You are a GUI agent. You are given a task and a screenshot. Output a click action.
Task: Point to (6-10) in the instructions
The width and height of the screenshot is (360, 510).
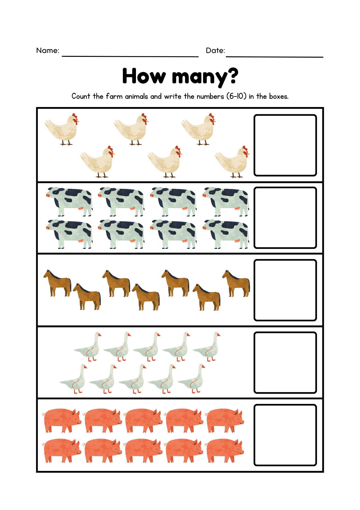tap(236, 96)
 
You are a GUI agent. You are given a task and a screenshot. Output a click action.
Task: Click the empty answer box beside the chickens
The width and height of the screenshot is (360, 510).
tap(285, 145)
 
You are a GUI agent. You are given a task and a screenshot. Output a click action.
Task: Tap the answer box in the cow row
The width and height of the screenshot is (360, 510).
tap(285, 218)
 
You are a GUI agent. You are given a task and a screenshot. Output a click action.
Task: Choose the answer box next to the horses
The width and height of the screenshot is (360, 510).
tap(285, 290)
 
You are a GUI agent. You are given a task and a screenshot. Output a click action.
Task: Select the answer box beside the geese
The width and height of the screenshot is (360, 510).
tap(285, 362)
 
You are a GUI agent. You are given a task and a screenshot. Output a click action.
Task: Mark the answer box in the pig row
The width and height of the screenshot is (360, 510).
tap(285, 435)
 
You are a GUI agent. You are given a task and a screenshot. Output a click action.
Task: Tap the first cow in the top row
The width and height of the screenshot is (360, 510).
tap(70, 201)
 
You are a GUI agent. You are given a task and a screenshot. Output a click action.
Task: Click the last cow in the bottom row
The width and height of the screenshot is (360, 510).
tap(226, 234)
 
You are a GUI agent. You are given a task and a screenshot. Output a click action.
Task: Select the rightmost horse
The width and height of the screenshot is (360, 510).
tap(237, 284)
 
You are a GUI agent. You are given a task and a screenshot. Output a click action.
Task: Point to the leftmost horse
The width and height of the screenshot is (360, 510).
tap(58, 283)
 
